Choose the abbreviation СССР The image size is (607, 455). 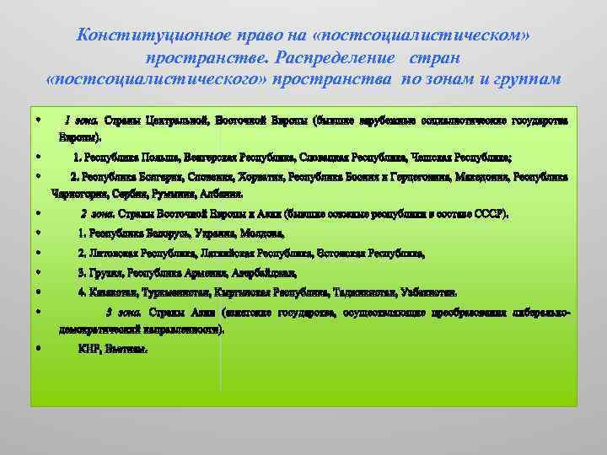pyautogui.click(x=492, y=214)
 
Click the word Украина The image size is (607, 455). pyautogui.click(x=217, y=233)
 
